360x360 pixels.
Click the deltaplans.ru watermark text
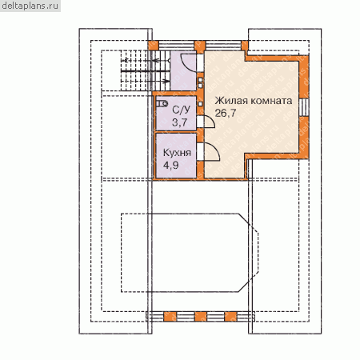click(30, 6)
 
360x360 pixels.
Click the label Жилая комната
click(254, 101)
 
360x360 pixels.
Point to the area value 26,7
click(226, 113)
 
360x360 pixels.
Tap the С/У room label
click(182, 110)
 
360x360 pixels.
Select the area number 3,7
click(180, 122)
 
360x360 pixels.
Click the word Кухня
click(177, 153)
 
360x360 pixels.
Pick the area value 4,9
click(171, 166)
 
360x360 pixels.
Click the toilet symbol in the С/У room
click(162, 103)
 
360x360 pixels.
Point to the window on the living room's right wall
click(304, 107)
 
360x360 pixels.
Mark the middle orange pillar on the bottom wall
click(201, 317)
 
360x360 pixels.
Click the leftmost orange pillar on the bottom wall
click(170, 317)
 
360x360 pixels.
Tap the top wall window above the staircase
click(176, 45)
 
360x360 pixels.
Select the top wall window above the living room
click(223, 45)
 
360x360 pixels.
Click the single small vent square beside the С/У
click(200, 104)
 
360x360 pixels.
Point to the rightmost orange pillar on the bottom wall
click(230, 317)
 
